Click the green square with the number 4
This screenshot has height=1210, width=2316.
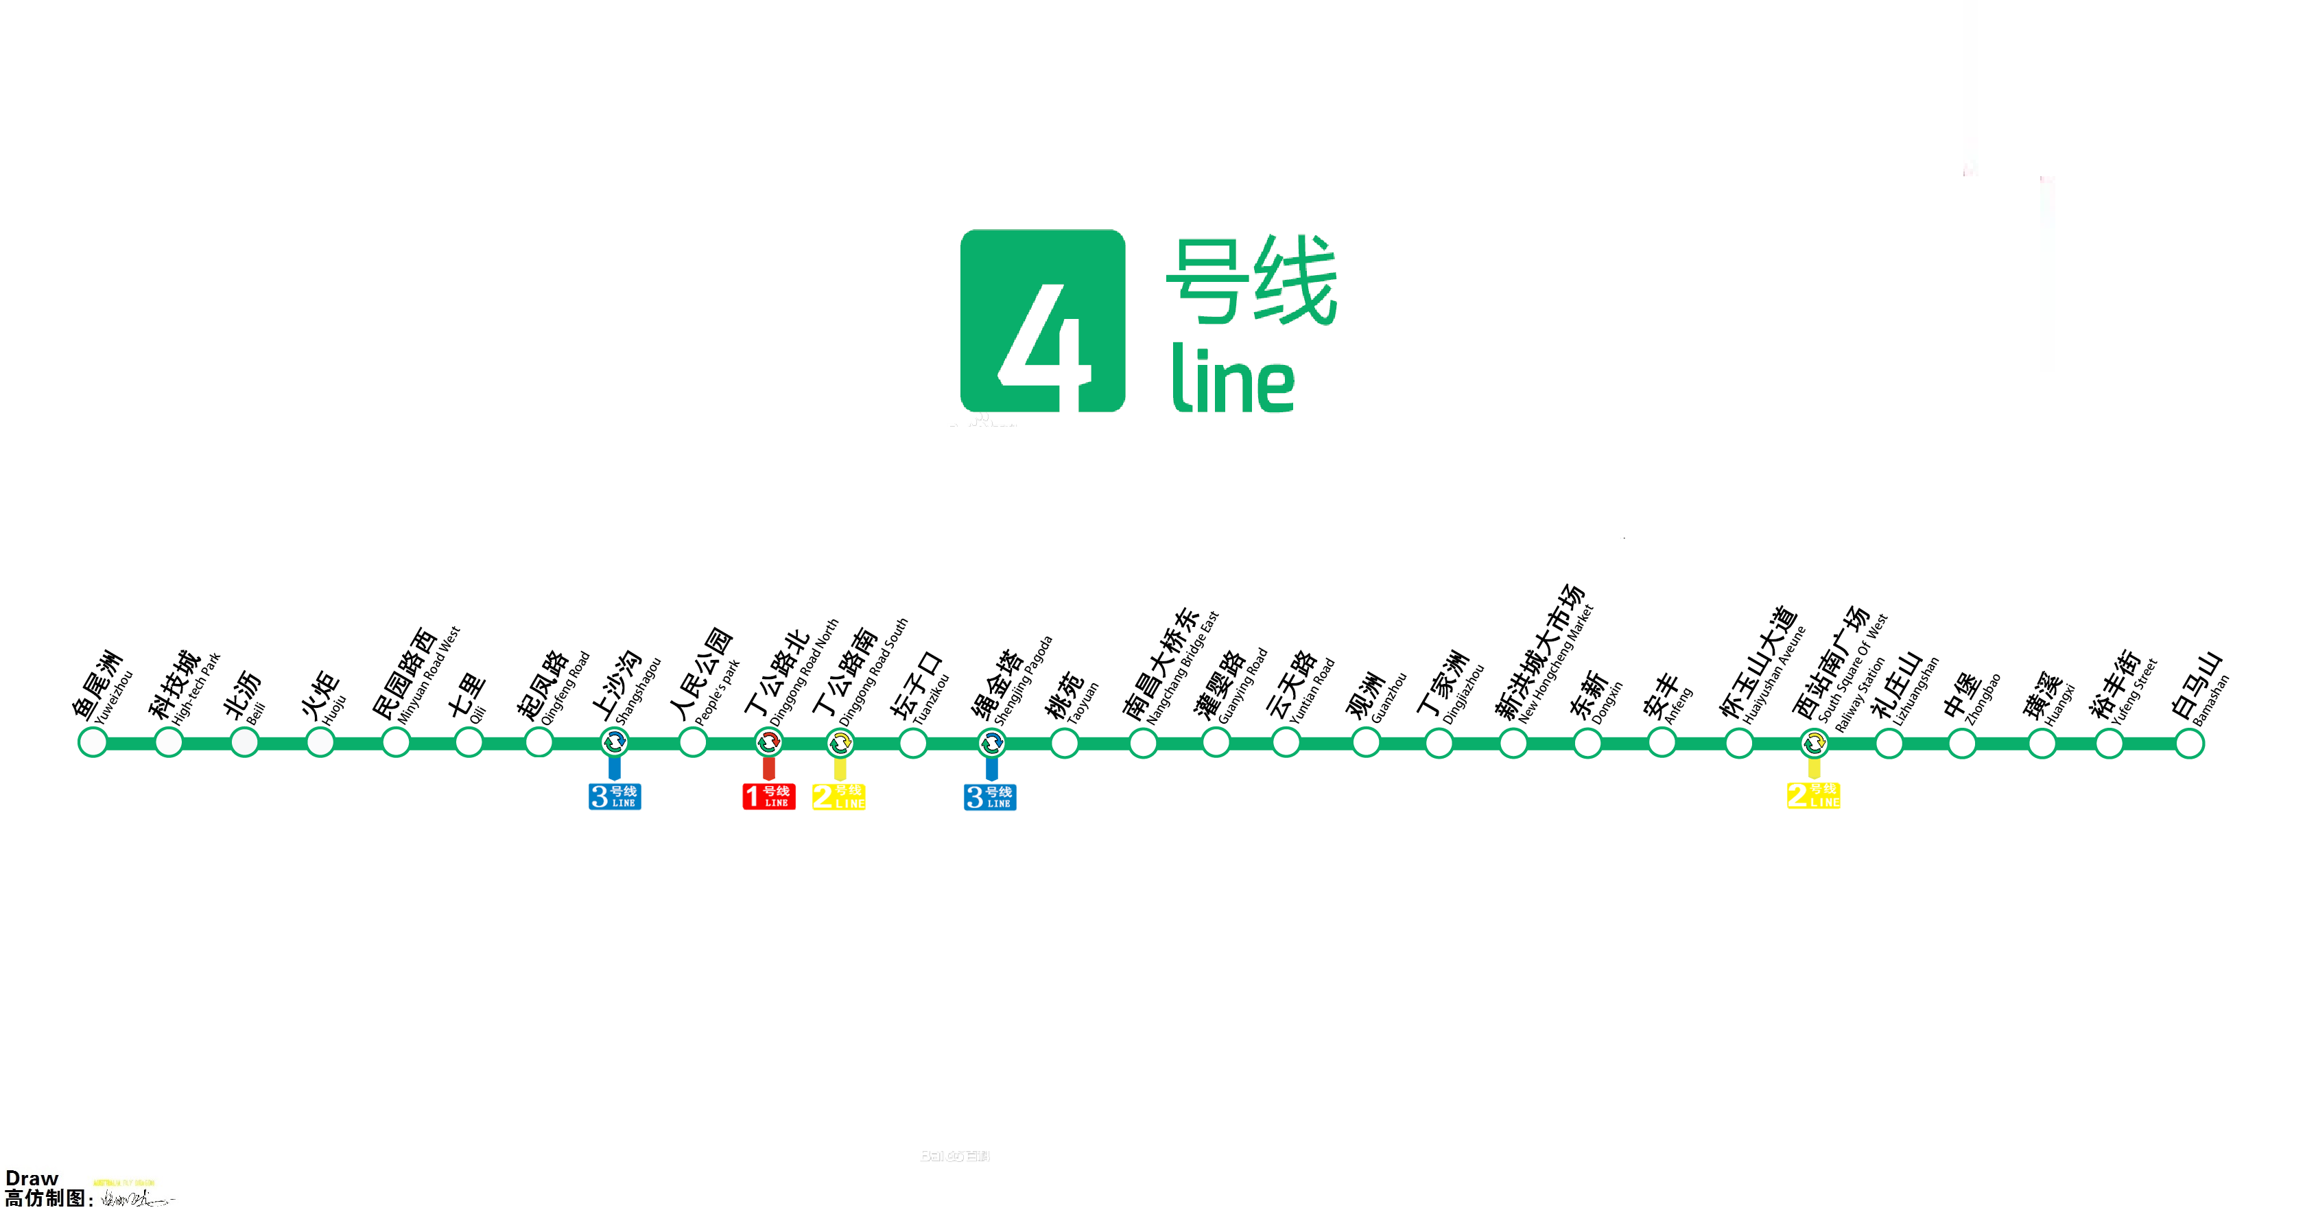[1042, 321]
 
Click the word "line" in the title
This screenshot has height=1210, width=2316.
[1233, 379]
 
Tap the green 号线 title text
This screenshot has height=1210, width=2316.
[1251, 281]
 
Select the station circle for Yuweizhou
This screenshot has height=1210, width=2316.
[93, 743]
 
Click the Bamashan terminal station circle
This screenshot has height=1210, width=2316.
[2189, 744]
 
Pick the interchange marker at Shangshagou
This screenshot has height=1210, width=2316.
[614, 743]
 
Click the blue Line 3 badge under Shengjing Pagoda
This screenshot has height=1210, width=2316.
[990, 796]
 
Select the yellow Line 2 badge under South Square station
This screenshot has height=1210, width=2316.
[1812, 795]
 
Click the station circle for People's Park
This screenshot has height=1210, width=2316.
[692, 743]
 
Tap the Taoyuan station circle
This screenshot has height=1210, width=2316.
[1065, 744]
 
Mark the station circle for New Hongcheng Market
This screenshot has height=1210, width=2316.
[1513, 744]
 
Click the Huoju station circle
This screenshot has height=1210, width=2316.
[320, 743]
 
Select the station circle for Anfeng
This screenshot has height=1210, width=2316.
[1662, 743]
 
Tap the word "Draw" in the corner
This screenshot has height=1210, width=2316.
[32, 1178]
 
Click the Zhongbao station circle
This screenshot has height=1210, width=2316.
[1962, 744]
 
